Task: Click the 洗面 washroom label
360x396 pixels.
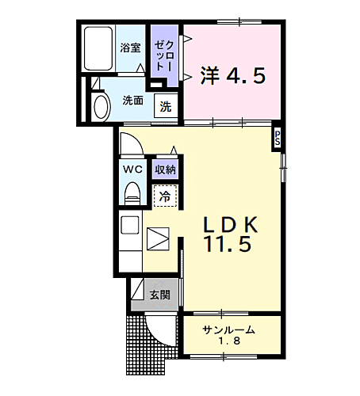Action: [x=132, y=101]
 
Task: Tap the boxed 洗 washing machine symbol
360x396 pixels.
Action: [x=166, y=106]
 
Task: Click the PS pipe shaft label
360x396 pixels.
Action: [x=278, y=136]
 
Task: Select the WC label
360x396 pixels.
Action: [x=132, y=169]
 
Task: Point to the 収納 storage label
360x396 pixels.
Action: [x=165, y=169]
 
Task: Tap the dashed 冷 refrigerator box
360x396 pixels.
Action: [x=164, y=195]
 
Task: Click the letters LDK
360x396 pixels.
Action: [x=229, y=224]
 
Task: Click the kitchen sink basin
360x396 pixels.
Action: [x=129, y=226]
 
